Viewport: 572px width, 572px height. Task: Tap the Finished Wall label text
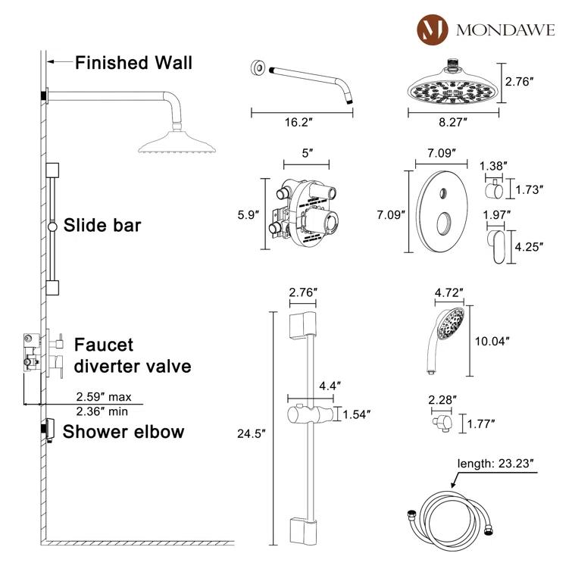pos(133,62)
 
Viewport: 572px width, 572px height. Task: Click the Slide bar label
pos(102,225)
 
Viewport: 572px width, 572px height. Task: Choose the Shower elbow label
pos(123,432)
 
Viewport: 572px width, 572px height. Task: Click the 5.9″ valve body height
pos(249,215)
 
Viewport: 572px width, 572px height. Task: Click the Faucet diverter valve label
pos(131,356)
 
